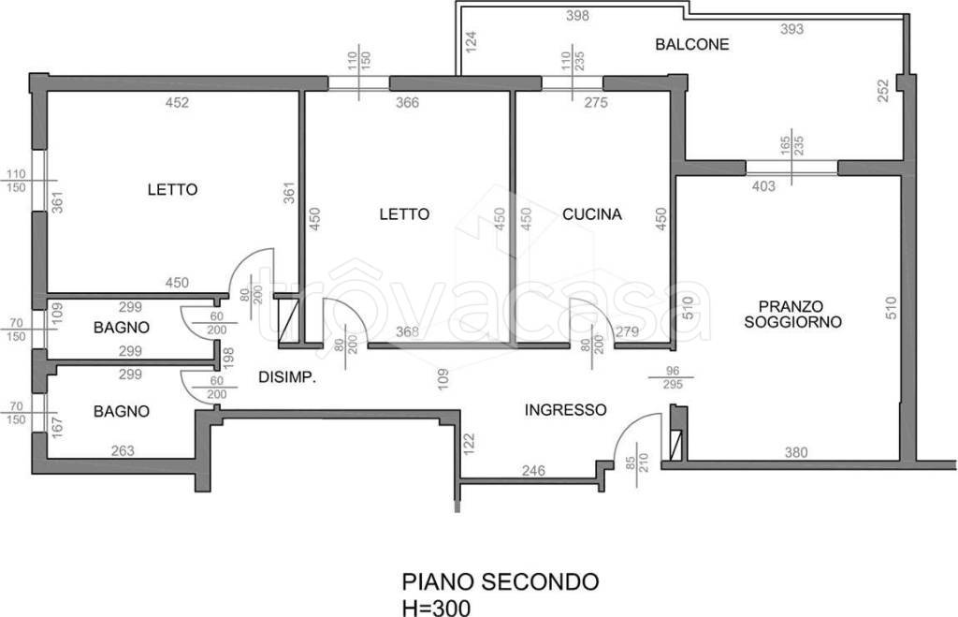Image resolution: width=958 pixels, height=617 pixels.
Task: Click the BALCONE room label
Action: click(691, 44)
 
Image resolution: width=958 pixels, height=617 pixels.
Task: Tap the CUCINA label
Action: click(592, 214)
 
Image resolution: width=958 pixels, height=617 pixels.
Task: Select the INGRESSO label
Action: click(565, 410)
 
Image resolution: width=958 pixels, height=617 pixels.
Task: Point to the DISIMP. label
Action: click(285, 378)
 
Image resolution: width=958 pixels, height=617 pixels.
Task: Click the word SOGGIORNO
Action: click(791, 322)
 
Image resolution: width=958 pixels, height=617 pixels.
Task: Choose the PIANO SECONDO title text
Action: click(501, 581)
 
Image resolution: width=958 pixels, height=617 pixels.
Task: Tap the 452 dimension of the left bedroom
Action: click(177, 103)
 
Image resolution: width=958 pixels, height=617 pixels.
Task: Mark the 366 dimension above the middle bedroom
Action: click(407, 103)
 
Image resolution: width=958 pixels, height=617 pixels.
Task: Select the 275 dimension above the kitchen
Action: click(596, 103)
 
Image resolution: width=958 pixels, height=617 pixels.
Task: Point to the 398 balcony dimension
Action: click(577, 16)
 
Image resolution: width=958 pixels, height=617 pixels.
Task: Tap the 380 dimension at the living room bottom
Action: click(795, 451)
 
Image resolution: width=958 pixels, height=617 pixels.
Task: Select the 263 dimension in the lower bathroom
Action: click(122, 450)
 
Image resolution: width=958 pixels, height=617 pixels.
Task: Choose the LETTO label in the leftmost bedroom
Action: click(172, 189)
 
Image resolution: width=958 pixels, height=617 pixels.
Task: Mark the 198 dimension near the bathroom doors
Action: click(227, 355)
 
